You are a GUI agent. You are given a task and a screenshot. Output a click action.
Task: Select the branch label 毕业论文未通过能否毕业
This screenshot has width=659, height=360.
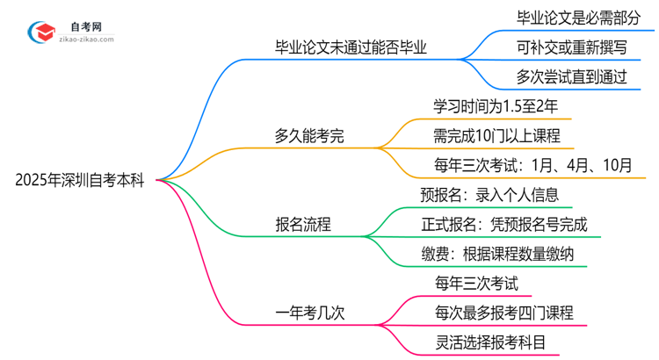coord(351,47)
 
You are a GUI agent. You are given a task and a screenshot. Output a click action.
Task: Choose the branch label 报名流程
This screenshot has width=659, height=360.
coord(303,224)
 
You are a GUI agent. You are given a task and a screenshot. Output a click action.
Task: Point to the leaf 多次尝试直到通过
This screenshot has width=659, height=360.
coord(572,77)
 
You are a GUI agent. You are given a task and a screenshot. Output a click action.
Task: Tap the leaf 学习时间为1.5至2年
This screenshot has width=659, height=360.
coord(496,106)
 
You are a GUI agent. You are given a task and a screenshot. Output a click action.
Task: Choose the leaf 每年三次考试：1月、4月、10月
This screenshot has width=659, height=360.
coord(532,166)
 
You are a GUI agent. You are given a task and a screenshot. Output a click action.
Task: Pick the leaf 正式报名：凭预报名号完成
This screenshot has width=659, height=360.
coord(511,225)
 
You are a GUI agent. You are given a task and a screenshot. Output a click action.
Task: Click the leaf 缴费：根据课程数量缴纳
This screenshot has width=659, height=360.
coord(511,255)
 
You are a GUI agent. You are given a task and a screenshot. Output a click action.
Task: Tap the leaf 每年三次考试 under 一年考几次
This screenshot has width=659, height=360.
coord(476,283)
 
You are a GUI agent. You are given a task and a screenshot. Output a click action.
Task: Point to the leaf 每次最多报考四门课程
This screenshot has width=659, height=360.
coord(503,313)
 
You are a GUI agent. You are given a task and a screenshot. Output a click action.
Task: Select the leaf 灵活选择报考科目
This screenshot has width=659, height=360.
coord(490,342)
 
